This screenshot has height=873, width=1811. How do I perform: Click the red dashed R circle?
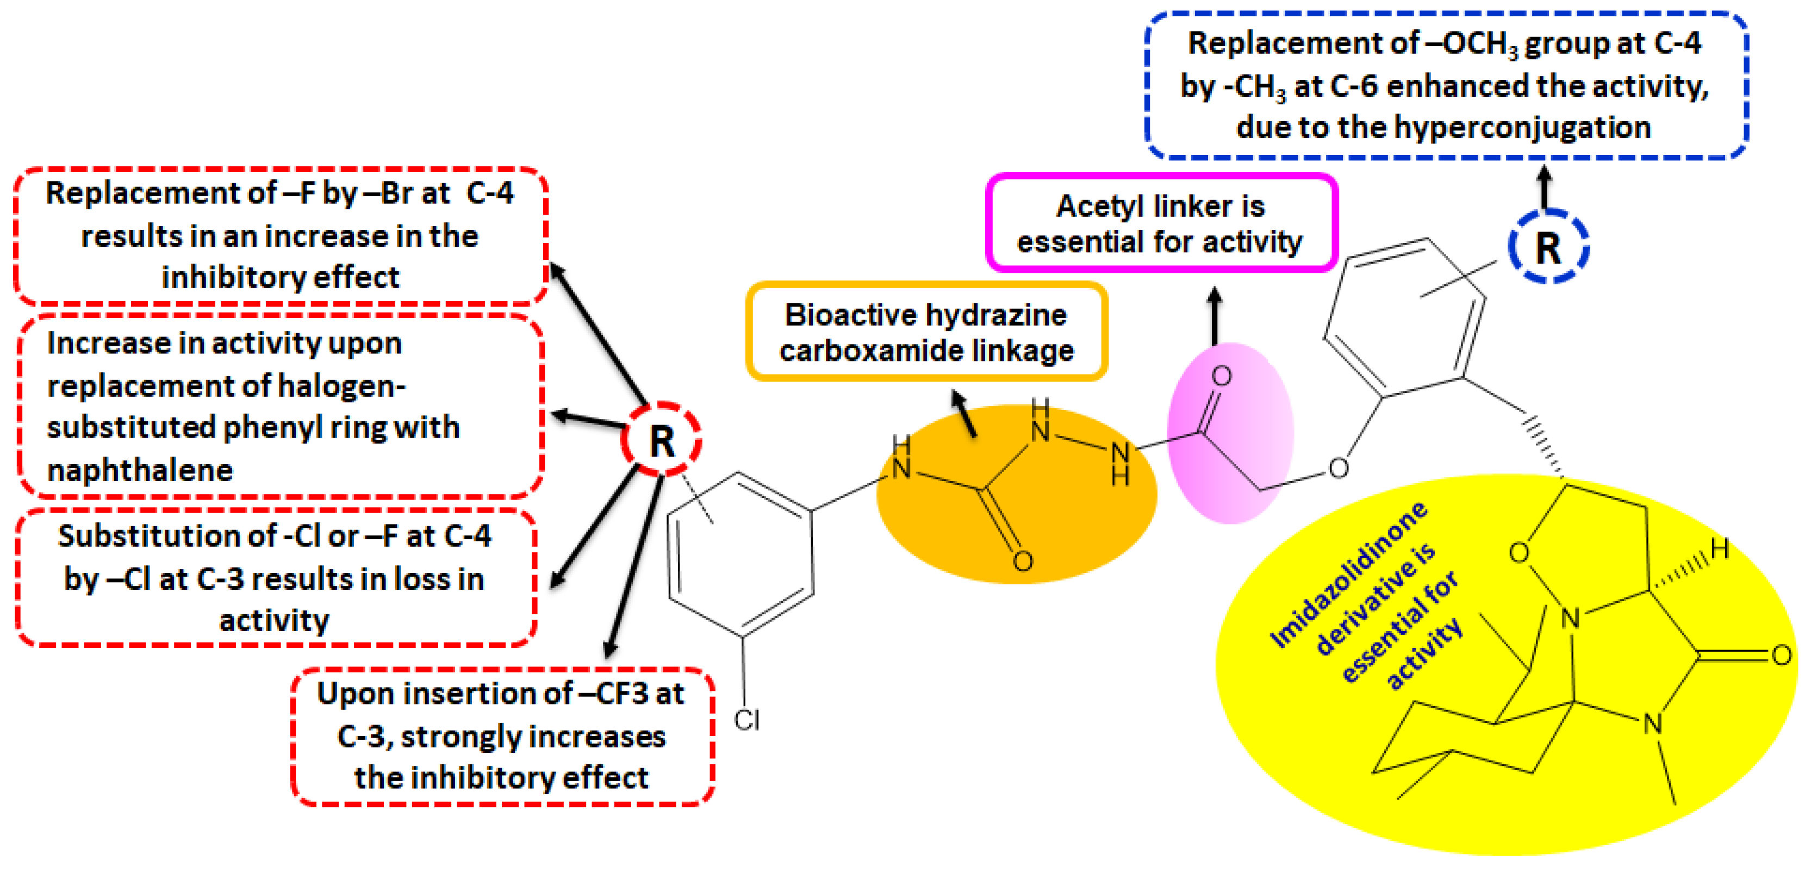(661, 441)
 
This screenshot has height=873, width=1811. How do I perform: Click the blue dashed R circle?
(1547, 247)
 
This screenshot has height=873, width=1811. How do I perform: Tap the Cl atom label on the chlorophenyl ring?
(746, 720)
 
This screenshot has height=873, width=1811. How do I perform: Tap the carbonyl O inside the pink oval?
(1222, 376)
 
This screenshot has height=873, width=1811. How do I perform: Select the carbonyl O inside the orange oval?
(1023, 560)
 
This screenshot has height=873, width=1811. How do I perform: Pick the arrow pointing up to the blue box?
(1545, 187)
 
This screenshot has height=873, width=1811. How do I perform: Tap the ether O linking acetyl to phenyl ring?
(1338, 468)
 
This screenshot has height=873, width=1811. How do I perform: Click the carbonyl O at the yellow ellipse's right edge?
(1781, 656)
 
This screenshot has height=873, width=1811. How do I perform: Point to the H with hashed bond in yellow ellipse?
(1720, 549)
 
